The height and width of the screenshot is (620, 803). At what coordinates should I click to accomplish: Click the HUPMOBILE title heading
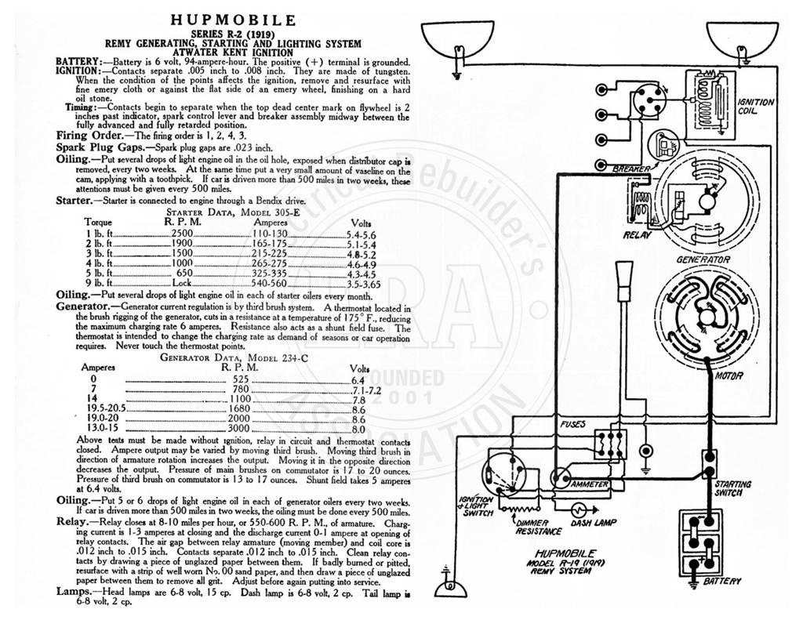[x=233, y=20]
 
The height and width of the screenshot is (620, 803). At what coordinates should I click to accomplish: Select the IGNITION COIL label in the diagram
[x=755, y=106]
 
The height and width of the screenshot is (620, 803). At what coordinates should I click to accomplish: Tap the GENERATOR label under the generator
[x=703, y=259]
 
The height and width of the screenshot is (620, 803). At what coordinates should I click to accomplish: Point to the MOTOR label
[x=729, y=375]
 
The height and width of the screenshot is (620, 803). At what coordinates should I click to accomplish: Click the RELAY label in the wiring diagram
[x=637, y=235]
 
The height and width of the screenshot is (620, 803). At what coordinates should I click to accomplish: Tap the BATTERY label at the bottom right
[x=722, y=581]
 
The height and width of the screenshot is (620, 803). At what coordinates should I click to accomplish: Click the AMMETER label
[x=590, y=484]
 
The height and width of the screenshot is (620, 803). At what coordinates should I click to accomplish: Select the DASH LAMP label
[x=594, y=523]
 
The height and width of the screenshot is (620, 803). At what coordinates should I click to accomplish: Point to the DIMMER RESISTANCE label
[x=532, y=527]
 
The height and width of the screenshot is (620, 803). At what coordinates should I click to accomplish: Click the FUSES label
[x=572, y=424]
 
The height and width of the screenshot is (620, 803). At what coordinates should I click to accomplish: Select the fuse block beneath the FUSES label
[x=610, y=443]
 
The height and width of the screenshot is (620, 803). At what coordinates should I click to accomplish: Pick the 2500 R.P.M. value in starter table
[x=182, y=233]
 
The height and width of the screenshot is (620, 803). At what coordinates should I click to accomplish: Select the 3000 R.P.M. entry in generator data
[x=239, y=428]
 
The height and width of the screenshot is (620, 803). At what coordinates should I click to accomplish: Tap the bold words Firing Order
[x=90, y=135]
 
